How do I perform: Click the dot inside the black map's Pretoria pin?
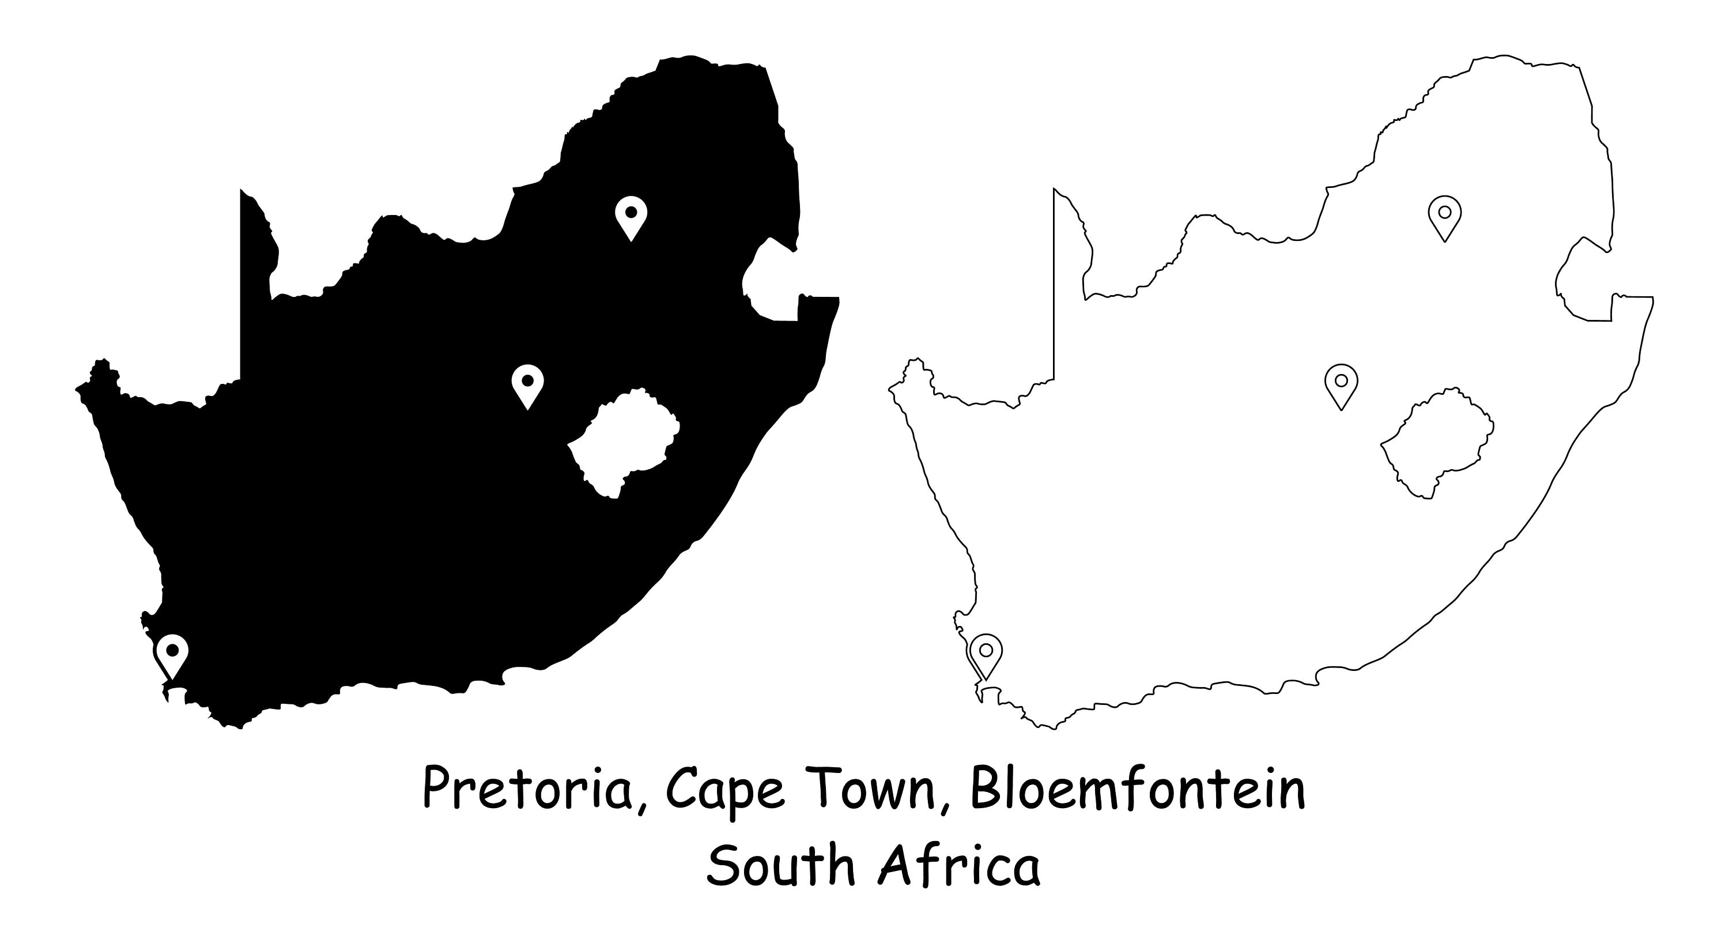coord(631,212)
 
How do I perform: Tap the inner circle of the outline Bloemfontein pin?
coord(1341,380)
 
